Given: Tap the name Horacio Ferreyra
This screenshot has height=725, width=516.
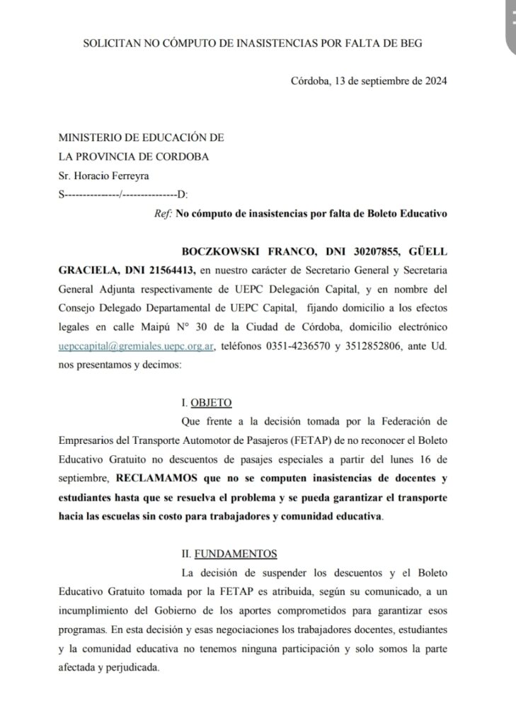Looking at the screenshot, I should click(105, 176).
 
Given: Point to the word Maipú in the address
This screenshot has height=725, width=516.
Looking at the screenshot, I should click(239, 327).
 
